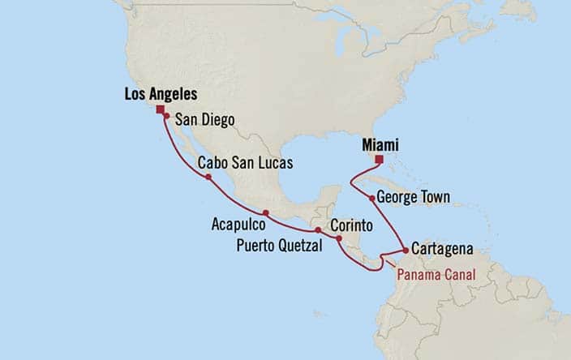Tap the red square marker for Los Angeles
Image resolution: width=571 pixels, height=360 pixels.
pos(161,109)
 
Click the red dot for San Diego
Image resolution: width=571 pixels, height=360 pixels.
pos(166,117)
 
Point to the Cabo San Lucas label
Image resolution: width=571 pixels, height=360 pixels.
pos(246,163)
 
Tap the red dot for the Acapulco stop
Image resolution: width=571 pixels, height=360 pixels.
pos(266,212)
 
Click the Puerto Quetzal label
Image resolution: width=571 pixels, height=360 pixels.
pos(280,243)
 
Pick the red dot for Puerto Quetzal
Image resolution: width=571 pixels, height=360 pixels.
pos(318,230)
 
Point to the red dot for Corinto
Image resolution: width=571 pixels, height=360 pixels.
pos(338,238)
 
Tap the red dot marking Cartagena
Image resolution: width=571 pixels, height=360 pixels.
pos(407,250)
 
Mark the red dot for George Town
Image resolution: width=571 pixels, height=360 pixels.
pos(371,198)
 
